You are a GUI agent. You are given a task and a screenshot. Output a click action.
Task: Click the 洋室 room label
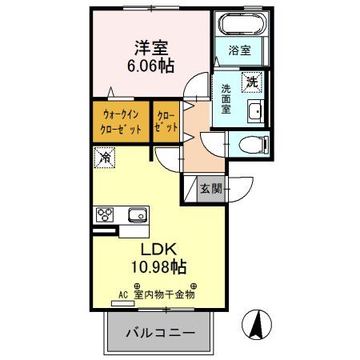[150, 47]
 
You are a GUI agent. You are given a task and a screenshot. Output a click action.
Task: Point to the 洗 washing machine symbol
[252, 80]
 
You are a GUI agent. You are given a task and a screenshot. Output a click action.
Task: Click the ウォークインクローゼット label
[120, 122]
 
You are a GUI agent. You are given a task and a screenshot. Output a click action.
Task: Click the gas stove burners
[106, 214]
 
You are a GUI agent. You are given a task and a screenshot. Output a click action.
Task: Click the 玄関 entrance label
[211, 190]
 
